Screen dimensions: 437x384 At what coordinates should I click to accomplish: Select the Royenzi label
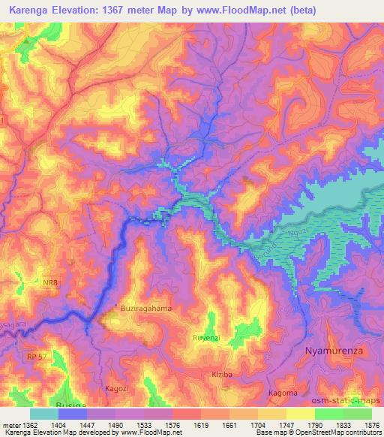point(206,338)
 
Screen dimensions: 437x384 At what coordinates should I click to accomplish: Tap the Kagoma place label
point(283,393)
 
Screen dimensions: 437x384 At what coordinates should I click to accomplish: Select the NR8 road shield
point(49,283)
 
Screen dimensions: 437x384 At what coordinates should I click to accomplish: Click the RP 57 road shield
point(34,336)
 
